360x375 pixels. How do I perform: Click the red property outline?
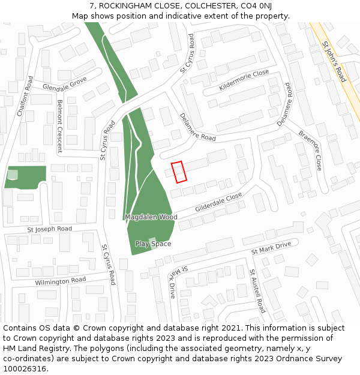(178, 172)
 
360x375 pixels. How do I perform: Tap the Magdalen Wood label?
(151, 217)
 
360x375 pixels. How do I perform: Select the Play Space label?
(153, 244)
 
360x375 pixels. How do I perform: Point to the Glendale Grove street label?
(65, 83)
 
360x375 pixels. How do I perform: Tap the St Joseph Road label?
(49, 229)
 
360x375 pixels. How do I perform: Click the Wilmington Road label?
(60, 281)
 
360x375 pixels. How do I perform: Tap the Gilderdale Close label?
(218, 202)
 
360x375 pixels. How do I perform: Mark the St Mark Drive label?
(271, 247)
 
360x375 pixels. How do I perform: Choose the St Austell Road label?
(257, 291)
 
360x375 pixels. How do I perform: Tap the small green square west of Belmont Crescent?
(13, 175)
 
